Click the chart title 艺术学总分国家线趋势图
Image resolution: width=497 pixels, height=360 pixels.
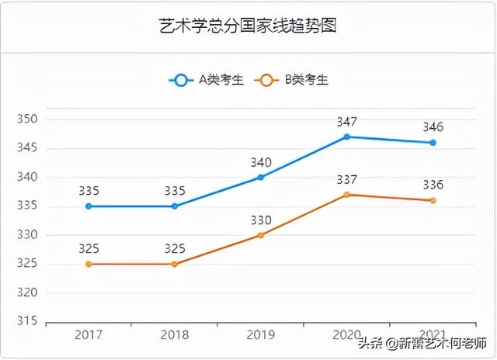point(248,26)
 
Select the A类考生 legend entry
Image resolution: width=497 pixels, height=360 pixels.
point(207,79)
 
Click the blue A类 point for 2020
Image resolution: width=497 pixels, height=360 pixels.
point(347,137)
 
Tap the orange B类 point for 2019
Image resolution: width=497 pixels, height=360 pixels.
point(261,235)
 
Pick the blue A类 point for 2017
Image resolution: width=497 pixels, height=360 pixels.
point(89,206)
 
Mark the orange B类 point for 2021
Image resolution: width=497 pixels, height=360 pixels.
point(433,200)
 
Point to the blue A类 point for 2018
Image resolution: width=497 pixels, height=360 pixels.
point(175,206)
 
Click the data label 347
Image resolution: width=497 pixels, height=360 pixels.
point(347,122)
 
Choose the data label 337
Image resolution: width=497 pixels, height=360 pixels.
point(347,180)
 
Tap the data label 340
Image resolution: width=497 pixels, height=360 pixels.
point(261,162)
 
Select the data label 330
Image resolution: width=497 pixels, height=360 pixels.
point(261,220)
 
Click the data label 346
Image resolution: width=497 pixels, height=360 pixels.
point(433,127)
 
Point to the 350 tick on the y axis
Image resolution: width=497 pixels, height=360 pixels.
point(27,119)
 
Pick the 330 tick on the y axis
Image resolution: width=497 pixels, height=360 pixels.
point(27,235)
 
